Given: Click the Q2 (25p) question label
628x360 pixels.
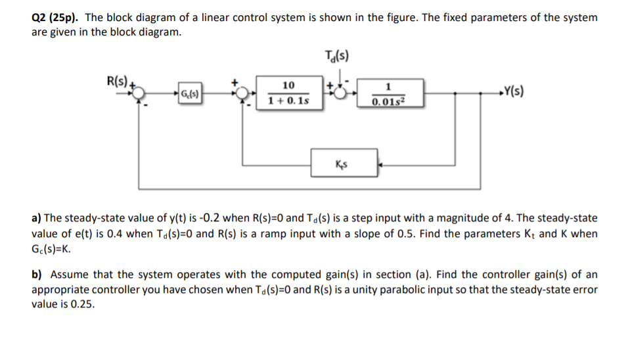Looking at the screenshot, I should pyautogui.click(x=59, y=18).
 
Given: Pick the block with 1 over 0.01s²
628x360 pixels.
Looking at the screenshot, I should pyautogui.click(x=389, y=93).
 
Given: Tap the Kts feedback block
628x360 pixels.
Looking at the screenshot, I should pyautogui.click(x=344, y=162).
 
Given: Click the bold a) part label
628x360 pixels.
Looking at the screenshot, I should pyautogui.click(x=38, y=218).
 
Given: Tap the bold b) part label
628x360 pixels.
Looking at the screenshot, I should pyautogui.click(x=39, y=274).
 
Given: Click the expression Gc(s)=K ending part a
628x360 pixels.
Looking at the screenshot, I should pyautogui.click(x=52, y=250).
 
